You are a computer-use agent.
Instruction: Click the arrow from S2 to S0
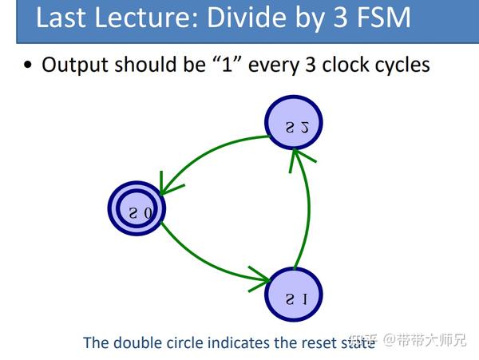[x=212, y=156]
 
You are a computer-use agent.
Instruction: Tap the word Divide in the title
[x=236, y=17]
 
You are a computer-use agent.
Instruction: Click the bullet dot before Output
[x=28, y=65]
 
